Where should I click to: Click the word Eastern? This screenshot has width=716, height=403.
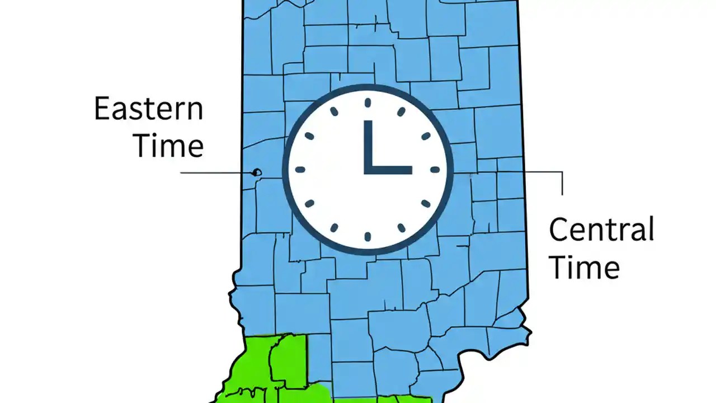click(148, 109)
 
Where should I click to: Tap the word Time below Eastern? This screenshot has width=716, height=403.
click(168, 147)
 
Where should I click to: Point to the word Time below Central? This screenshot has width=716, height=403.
click(584, 268)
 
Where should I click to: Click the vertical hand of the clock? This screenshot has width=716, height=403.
click(368, 146)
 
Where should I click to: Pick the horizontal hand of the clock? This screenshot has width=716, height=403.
click(389, 170)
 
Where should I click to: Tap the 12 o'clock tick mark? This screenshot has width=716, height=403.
click(368, 102)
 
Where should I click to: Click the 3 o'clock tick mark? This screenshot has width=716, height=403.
click(435, 170)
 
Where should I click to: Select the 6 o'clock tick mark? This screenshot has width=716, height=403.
click(368, 237)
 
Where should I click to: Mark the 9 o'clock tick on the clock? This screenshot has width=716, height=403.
click(300, 170)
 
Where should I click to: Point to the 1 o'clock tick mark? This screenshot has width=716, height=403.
click(401, 112)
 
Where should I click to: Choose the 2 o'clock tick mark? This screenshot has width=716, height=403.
click(426, 136)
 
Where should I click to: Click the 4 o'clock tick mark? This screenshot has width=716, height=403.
click(426, 203)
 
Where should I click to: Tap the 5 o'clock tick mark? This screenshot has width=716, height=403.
click(401, 228)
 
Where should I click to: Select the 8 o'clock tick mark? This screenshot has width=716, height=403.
click(309, 203)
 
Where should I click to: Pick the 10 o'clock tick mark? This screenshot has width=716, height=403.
click(309, 136)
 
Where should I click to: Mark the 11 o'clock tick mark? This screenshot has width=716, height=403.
click(334, 112)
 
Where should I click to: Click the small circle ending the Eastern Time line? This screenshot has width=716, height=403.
click(257, 172)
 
